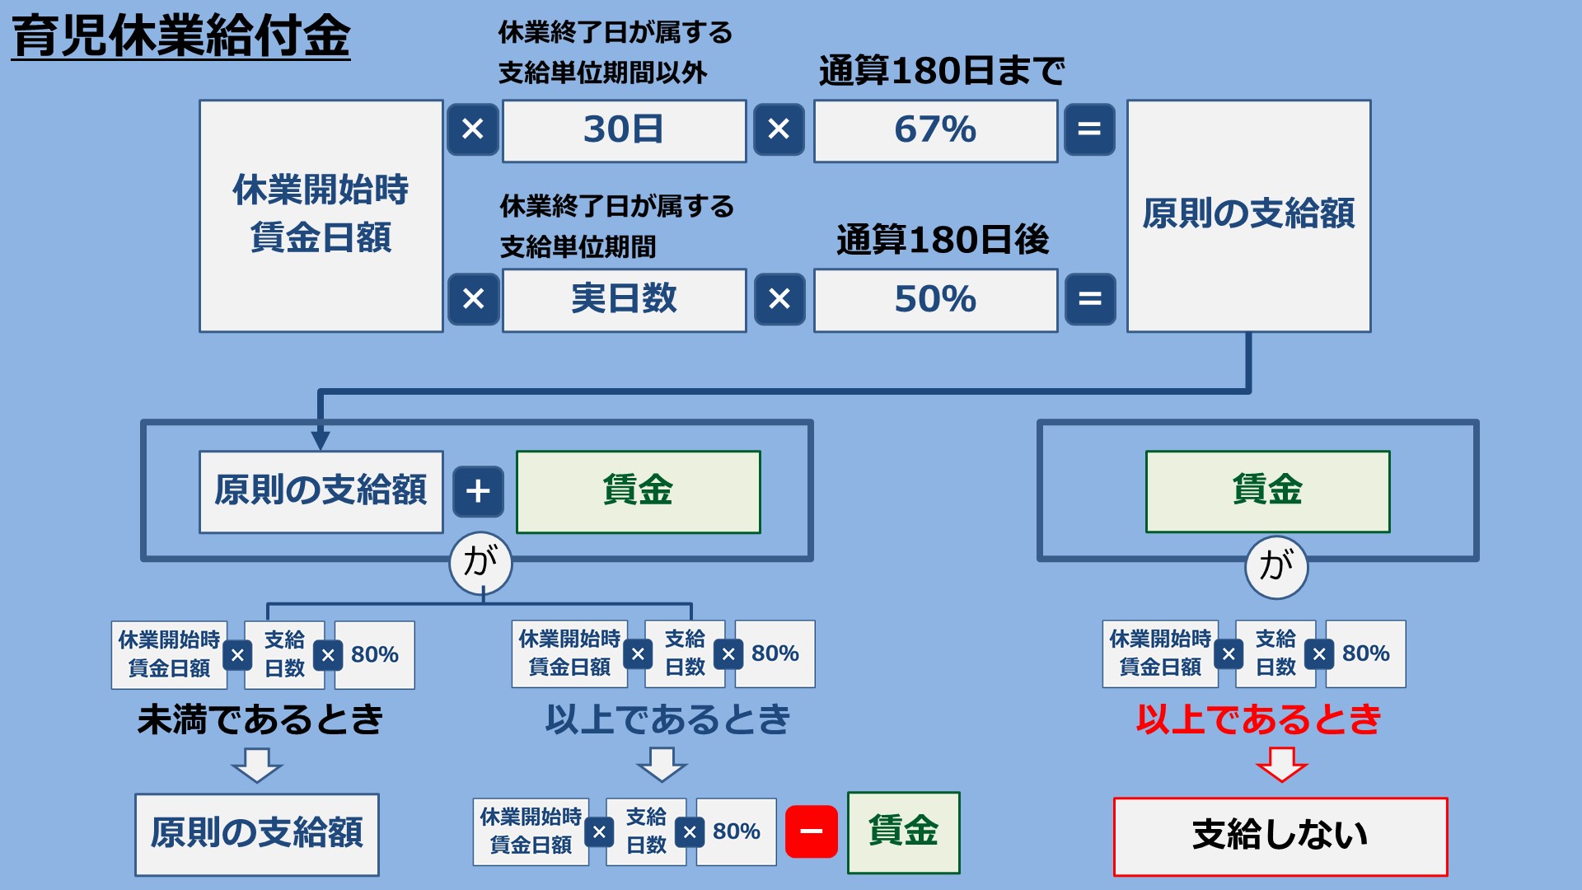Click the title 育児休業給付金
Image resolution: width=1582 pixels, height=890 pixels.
(x=181, y=37)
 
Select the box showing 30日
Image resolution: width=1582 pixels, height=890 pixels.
(x=624, y=130)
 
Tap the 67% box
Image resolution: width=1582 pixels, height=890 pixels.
(x=935, y=130)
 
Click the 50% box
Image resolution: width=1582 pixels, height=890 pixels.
(x=935, y=299)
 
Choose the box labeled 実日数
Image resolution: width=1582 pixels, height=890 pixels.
(x=624, y=299)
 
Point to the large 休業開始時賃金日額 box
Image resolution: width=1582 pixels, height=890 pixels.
(x=321, y=215)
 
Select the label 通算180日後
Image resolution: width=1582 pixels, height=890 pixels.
(x=943, y=240)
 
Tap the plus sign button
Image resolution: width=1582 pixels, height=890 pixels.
(x=478, y=491)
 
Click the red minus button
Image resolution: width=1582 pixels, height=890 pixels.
(x=811, y=831)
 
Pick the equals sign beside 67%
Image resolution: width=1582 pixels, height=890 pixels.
(x=1089, y=129)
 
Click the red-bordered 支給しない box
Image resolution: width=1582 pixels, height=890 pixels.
(x=1280, y=836)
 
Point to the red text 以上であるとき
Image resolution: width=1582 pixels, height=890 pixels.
(x=1258, y=719)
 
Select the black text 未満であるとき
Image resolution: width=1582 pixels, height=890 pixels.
(x=260, y=719)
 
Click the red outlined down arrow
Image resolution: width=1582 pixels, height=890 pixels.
(x=1281, y=764)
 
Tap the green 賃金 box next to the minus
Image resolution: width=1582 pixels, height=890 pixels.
(x=903, y=831)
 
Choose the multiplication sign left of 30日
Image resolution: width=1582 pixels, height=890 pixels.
(x=473, y=129)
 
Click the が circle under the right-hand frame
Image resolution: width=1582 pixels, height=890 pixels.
(x=1275, y=565)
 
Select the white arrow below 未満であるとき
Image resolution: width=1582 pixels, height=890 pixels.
(x=257, y=764)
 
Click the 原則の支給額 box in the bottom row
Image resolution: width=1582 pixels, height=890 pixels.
(x=257, y=834)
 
